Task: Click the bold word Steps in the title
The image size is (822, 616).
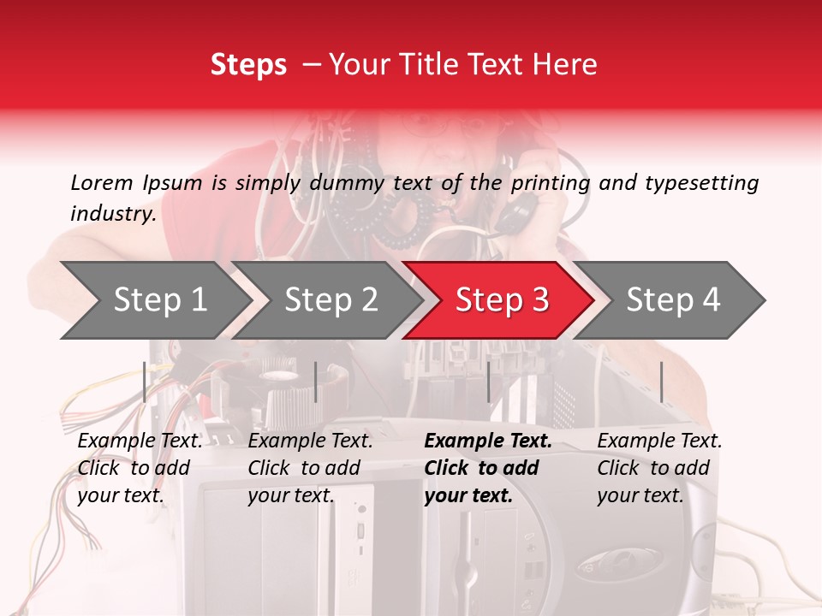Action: pos(248,65)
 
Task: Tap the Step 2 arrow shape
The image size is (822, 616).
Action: pos(326,300)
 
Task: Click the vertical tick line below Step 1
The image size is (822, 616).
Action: pos(145,382)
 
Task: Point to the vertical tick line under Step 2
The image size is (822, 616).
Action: pos(316,382)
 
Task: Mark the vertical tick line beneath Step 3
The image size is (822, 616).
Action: pos(489,382)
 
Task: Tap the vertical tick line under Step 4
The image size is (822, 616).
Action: pos(662,382)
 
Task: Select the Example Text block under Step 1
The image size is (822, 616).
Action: pos(140,468)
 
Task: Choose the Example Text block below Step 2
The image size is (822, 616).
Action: pos(311,468)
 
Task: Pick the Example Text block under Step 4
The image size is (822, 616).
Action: pos(659,468)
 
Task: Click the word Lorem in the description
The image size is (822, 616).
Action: pos(102,182)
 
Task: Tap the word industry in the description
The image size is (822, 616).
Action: pos(112,213)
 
